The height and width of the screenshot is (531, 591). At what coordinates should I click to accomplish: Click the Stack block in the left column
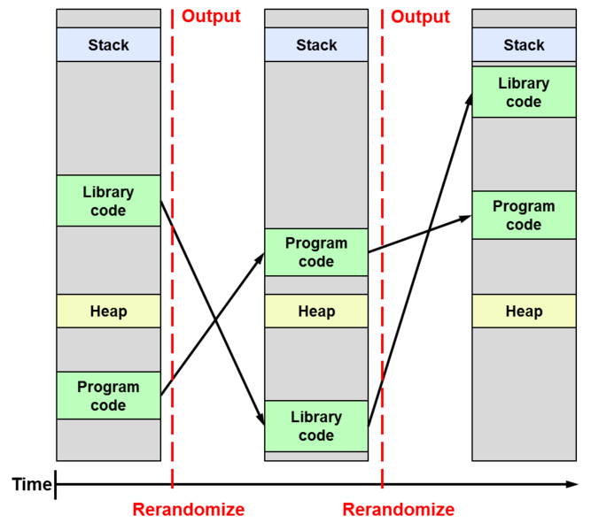point(108,45)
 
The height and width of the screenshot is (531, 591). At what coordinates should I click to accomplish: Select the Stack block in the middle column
point(316,45)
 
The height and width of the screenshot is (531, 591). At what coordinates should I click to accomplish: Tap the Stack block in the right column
point(524,45)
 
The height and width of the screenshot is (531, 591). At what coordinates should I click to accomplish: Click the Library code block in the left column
point(108,201)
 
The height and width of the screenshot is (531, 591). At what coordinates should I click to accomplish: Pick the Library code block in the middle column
point(316,426)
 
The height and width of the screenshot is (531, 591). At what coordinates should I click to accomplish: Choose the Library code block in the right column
point(524,92)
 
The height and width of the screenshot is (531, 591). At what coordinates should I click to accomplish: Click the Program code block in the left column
point(108,396)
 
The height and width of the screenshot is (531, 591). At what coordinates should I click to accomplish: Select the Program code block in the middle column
point(316,252)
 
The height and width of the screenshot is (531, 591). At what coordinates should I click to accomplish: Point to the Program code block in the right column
point(524,215)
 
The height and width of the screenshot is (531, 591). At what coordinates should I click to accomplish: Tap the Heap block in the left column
point(108,312)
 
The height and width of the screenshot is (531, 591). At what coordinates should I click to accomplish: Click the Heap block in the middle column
point(316,312)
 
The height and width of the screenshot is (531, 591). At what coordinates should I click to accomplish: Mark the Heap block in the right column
point(524,312)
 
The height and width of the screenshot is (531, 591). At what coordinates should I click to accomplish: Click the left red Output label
point(211,18)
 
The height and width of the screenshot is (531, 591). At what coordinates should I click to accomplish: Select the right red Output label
point(421,18)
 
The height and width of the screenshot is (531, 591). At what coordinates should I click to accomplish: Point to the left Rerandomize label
point(189,509)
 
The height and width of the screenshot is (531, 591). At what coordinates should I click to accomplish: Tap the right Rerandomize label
point(399,509)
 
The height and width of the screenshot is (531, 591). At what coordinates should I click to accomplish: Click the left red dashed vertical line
point(172,265)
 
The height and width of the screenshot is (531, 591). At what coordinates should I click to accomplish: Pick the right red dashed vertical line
point(382,265)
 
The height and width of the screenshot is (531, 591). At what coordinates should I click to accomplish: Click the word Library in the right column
point(524,83)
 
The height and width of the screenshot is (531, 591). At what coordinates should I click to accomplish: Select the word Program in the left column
point(108,387)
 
